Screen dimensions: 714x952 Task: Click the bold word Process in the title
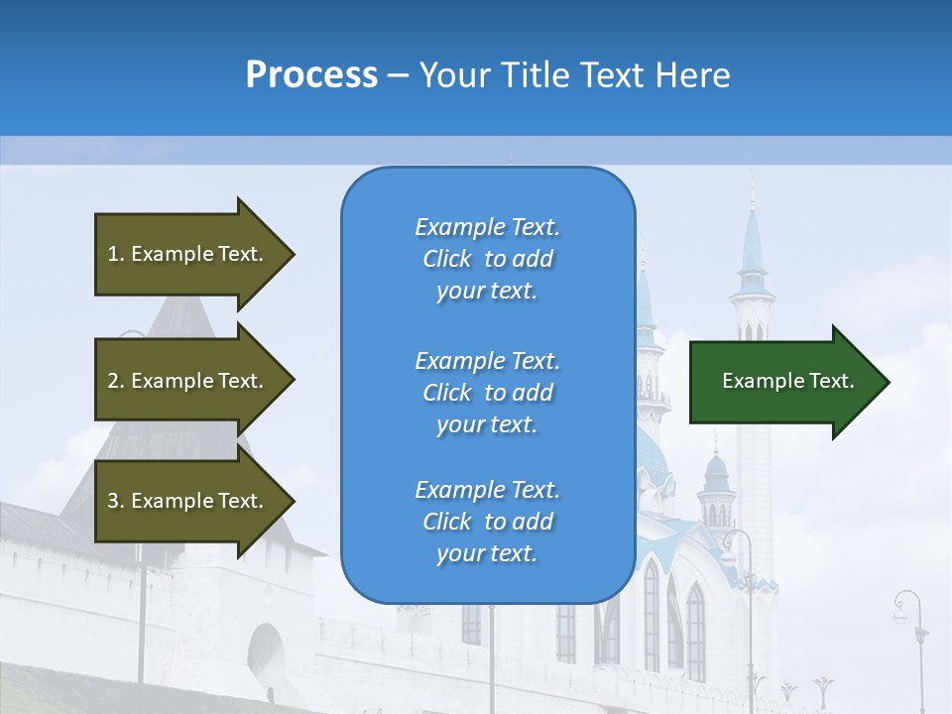pos(311,75)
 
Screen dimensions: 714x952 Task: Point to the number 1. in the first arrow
pos(116,254)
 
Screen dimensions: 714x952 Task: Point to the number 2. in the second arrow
pos(116,381)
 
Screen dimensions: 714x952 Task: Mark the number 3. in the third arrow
pos(116,501)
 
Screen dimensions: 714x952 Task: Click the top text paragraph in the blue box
pos(487,259)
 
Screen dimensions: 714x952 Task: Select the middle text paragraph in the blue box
pos(487,393)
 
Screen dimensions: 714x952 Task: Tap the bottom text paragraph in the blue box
pos(487,522)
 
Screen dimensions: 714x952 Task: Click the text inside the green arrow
pos(788,381)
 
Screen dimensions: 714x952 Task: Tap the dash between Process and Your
pos(399,75)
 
